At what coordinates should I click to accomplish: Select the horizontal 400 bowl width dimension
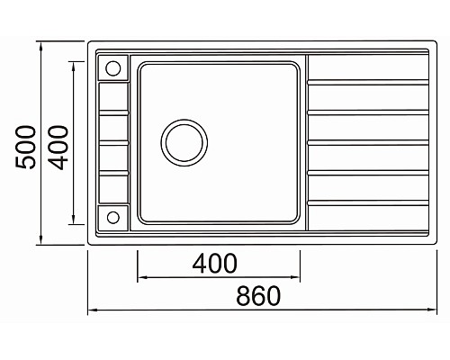(x=215, y=264)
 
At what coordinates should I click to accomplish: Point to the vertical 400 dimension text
(x=58, y=144)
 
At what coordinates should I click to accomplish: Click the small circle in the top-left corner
(x=113, y=68)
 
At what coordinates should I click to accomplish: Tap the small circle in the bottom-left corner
(x=113, y=216)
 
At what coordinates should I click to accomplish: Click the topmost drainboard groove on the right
(x=367, y=82)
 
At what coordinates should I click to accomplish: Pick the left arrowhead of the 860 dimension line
(x=91, y=310)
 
